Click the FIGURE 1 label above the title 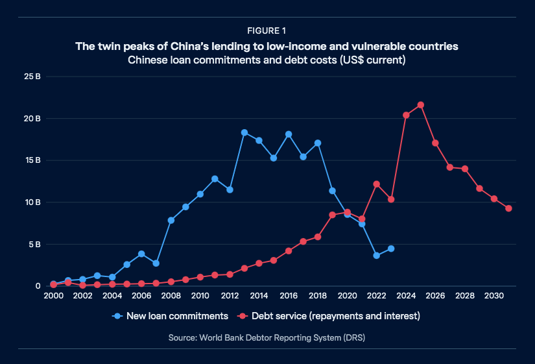point(267,30)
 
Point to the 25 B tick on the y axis point(33,77)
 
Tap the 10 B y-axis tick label point(33,202)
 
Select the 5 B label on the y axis point(35,245)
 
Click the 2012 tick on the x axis point(230,295)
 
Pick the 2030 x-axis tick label point(493,295)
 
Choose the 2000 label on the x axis point(53,295)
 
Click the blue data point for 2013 point(244,132)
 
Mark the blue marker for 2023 point(391,249)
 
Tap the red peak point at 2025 point(421,105)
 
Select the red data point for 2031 point(509,208)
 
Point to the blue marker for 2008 point(171,220)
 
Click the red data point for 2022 point(377,184)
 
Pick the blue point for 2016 point(289,134)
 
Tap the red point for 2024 point(406,115)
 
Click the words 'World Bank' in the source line point(235,337)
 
